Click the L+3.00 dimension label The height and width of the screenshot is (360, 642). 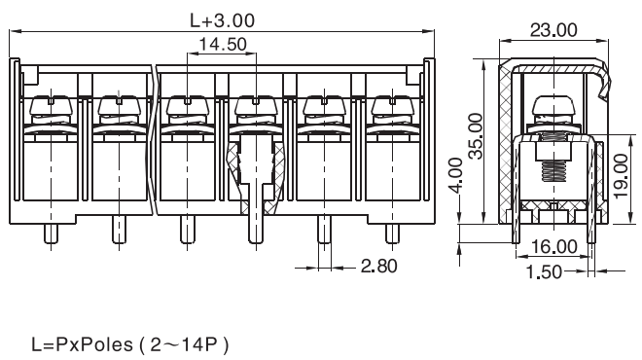[223, 20]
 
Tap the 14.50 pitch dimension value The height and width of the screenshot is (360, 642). [223, 44]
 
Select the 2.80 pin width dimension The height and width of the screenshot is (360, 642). [378, 267]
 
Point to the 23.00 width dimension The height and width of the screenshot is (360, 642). [553, 30]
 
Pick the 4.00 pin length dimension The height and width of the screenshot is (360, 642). [455, 175]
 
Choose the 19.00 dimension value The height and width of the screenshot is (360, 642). [622, 176]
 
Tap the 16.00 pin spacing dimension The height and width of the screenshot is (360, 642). [554, 246]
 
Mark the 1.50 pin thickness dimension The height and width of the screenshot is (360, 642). [544, 271]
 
